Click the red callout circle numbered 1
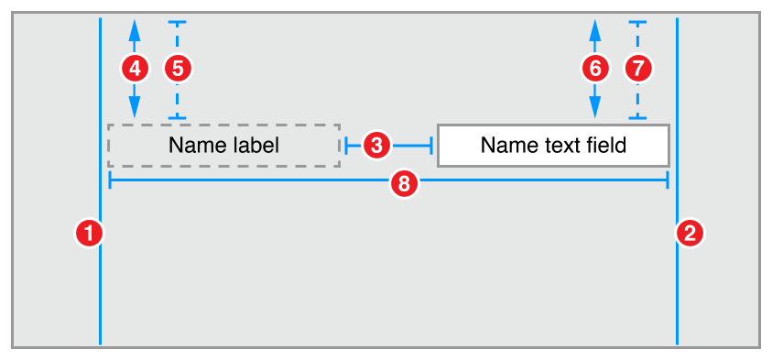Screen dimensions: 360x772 coord(89,233)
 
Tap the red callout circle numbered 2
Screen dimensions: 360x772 coord(689,233)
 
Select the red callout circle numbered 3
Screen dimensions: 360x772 coord(377,144)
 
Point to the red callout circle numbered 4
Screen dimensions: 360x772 coord(135,67)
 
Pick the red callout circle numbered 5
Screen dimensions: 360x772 coord(178,67)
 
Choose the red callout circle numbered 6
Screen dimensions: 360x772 coord(595,67)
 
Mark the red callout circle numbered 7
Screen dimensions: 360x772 coord(638,67)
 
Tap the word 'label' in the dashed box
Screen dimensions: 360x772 coord(256,145)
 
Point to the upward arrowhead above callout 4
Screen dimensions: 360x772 coord(135,28)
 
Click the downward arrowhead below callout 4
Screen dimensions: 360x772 coord(135,108)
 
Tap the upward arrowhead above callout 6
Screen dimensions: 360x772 coord(595,28)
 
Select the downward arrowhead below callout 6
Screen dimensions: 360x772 coord(595,108)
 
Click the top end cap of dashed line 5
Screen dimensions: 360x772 coord(178,22)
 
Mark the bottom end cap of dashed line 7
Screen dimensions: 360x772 coord(638,118)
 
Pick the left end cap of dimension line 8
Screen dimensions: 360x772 coord(110,180)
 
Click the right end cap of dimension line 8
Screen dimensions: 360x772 coord(668,180)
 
